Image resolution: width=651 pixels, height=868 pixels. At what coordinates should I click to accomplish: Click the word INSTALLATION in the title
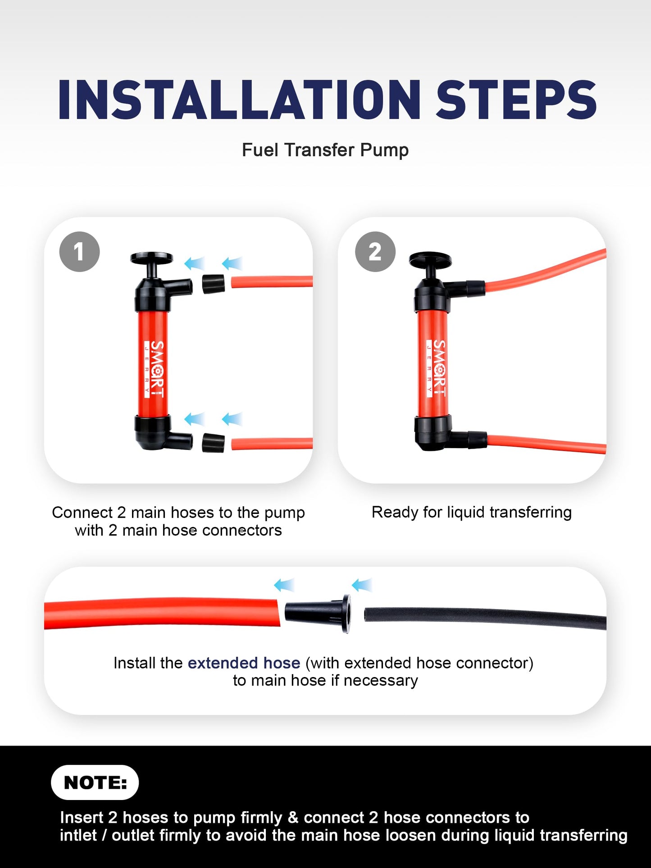pyautogui.click(x=239, y=100)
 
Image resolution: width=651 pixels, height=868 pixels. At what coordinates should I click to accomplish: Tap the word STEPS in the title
pyautogui.click(x=517, y=100)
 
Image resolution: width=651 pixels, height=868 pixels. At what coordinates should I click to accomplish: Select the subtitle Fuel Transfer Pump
pyautogui.click(x=325, y=150)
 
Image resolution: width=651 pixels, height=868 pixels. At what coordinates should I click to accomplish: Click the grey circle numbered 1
pyautogui.click(x=79, y=251)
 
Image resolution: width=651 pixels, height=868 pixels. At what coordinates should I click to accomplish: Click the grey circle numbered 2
pyautogui.click(x=375, y=251)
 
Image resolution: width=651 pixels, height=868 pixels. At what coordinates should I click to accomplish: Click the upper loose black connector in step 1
pyautogui.click(x=214, y=283)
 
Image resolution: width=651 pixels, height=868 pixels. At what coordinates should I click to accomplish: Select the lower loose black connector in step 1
pyautogui.click(x=213, y=443)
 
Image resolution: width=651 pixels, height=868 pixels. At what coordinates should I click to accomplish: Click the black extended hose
pyautogui.click(x=485, y=617)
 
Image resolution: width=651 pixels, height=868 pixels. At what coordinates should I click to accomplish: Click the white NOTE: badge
pyautogui.click(x=95, y=782)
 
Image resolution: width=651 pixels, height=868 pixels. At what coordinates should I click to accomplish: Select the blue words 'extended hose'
pyautogui.click(x=244, y=663)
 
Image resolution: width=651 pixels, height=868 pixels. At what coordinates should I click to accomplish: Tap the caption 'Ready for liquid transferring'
pyautogui.click(x=472, y=513)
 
